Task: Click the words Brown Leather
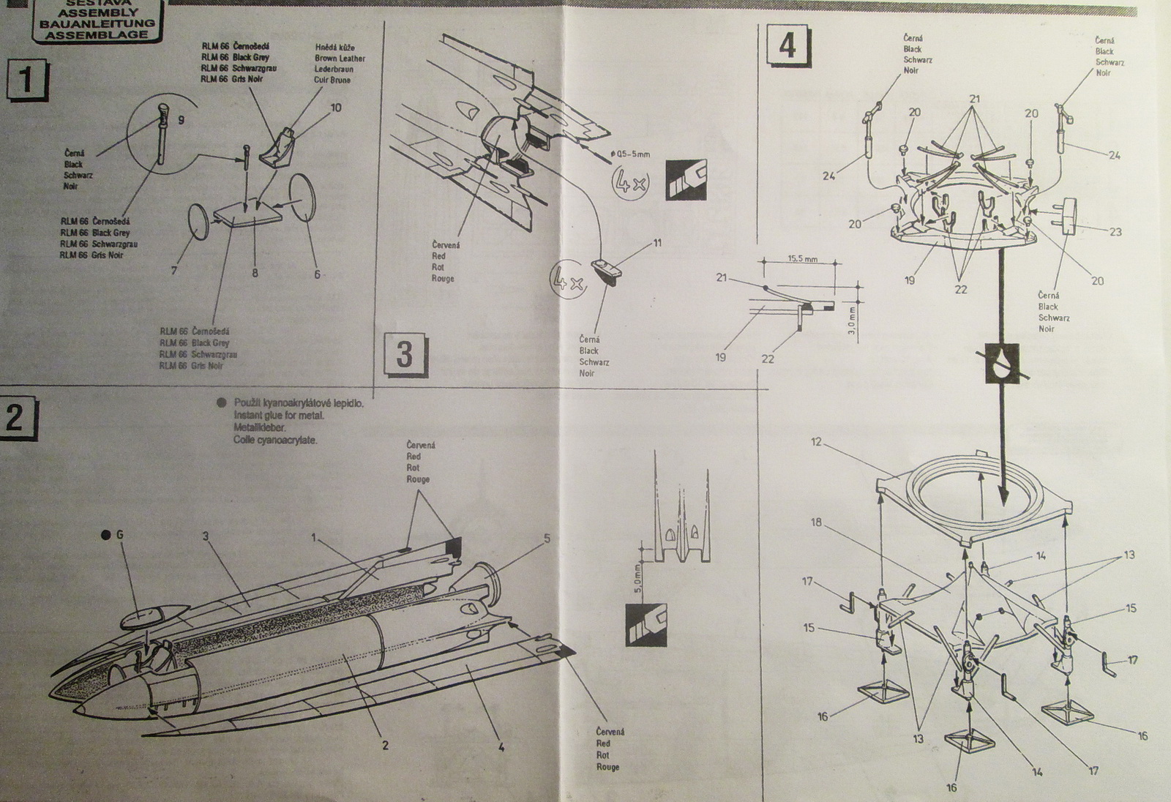[340, 58]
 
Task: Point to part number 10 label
[335, 108]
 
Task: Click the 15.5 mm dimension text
[802, 259]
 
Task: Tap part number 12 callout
[818, 443]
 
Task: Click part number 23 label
[1115, 231]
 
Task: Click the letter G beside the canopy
[120, 535]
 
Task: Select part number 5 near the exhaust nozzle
[546, 539]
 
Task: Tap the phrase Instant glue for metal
[279, 415]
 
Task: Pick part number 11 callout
[656, 242]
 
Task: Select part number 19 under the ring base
[910, 280]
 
